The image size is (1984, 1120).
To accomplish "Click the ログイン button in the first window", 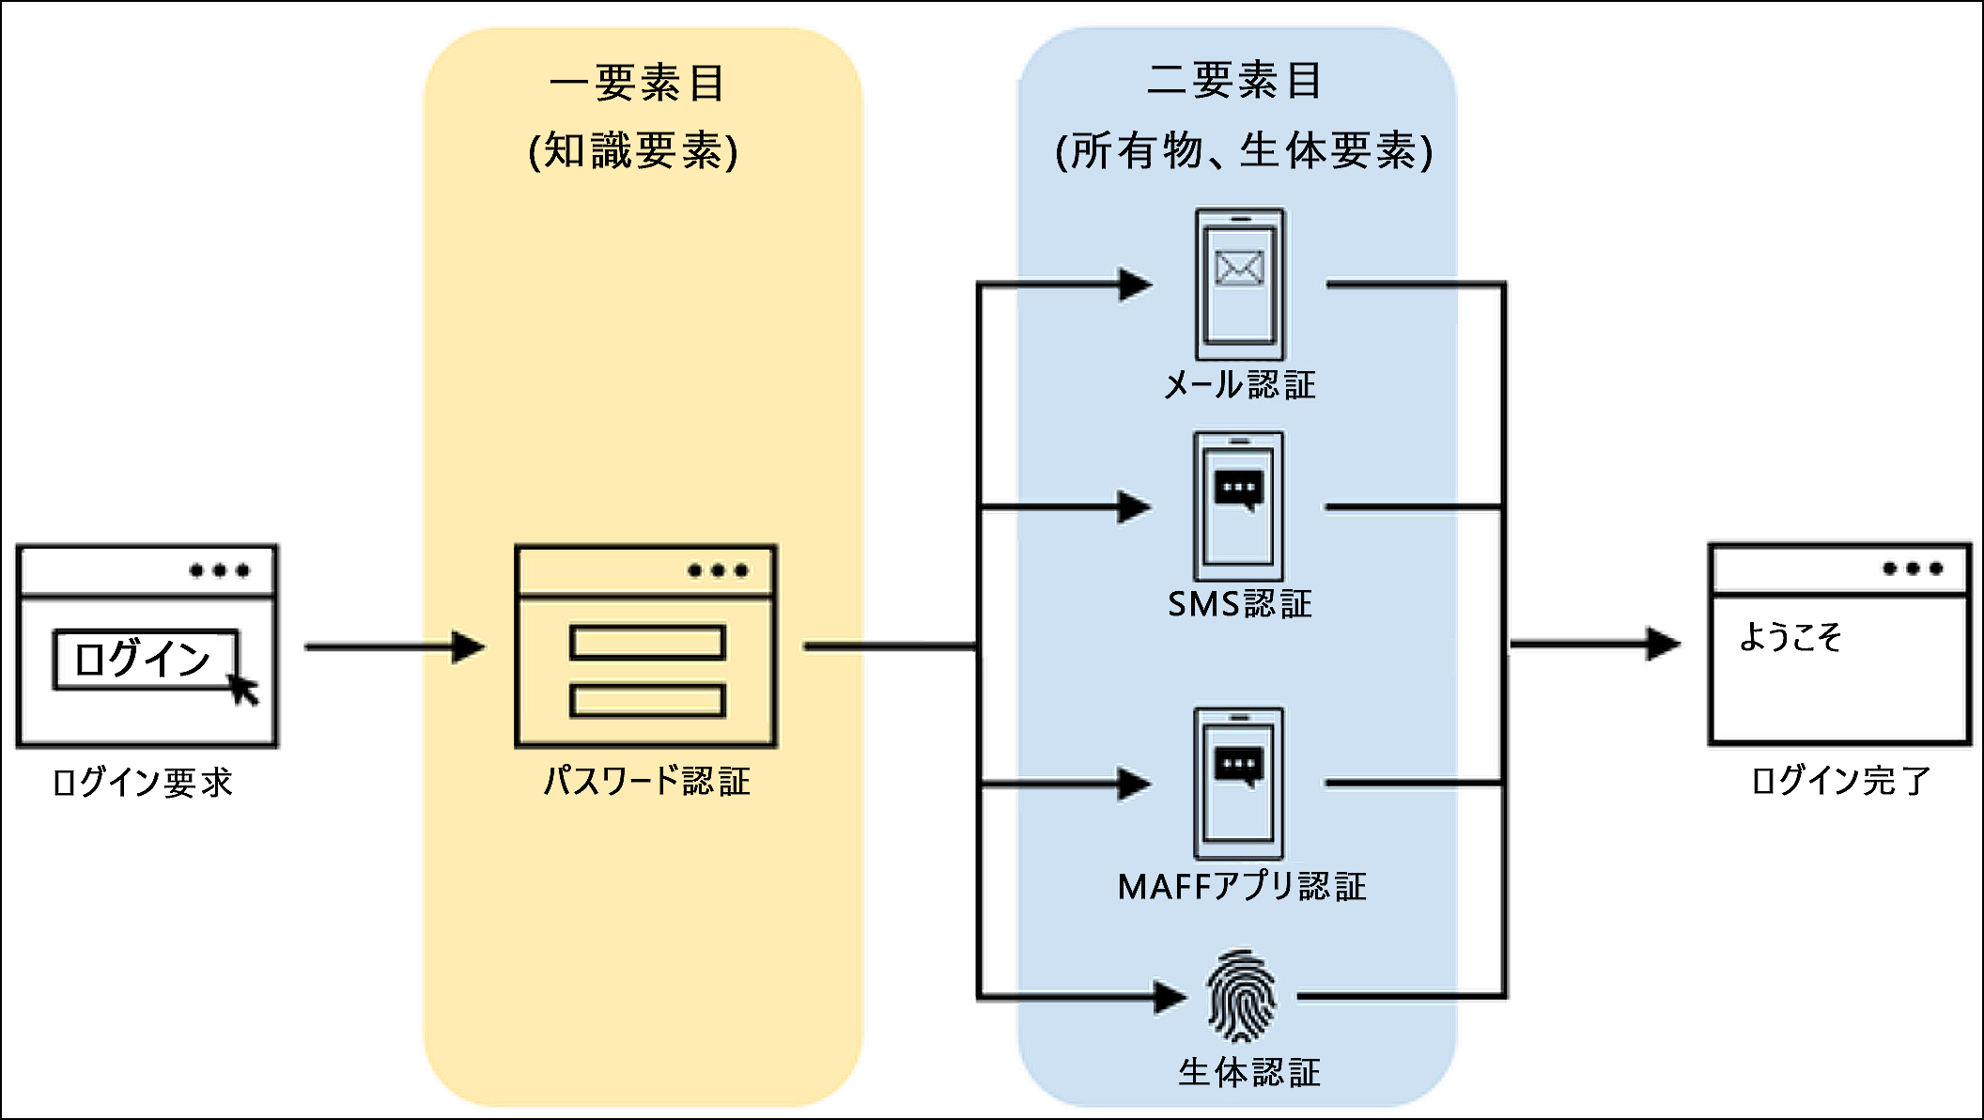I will [144, 659].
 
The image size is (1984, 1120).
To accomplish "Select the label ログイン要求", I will [142, 783].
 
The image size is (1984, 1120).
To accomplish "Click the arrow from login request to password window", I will [395, 647].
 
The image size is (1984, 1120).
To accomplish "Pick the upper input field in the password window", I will [647, 643].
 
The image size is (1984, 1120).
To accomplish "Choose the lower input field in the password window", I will [647, 701].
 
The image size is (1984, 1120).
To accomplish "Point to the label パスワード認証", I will [646, 781].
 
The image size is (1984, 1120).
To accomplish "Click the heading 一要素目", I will [639, 84].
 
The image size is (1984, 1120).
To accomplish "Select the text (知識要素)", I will [634, 151].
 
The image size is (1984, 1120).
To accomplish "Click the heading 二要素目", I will [1235, 81].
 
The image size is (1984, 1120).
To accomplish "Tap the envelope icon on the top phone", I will [1239, 269].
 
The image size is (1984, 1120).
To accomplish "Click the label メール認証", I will [1239, 384].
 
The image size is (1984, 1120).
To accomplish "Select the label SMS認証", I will [1239, 604].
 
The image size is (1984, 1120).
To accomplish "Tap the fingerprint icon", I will [1241, 996].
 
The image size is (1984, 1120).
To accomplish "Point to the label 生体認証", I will [1249, 1072].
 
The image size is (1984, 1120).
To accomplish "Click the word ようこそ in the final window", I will [1790, 637].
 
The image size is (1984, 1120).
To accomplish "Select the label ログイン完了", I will [1840, 781].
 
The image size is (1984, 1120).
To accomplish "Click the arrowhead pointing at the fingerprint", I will [1170, 996].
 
